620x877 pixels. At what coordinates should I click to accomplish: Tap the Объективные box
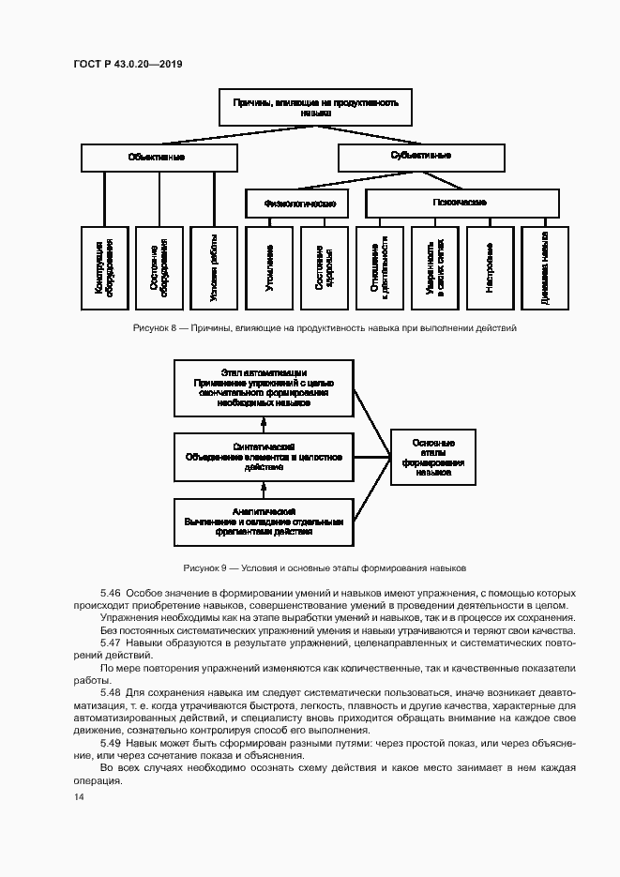click(x=158, y=158)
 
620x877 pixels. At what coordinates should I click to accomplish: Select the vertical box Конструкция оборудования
click(x=103, y=266)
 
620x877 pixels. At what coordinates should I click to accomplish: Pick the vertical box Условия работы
click(x=213, y=266)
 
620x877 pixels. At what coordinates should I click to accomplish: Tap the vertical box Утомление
click(x=268, y=266)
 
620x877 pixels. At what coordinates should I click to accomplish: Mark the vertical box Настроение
click(x=490, y=266)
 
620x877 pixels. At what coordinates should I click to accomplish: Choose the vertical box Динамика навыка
click(x=545, y=266)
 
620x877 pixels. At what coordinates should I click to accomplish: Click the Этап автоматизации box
click(x=265, y=389)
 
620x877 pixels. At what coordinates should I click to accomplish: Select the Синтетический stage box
click(x=265, y=457)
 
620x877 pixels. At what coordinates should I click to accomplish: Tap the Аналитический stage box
click(x=265, y=522)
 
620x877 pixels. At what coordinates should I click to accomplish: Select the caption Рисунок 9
click(x=325, y=568)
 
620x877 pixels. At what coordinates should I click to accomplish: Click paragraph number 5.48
click(x=111, y=691)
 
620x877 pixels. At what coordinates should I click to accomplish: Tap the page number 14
click(x=78, y=796)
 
